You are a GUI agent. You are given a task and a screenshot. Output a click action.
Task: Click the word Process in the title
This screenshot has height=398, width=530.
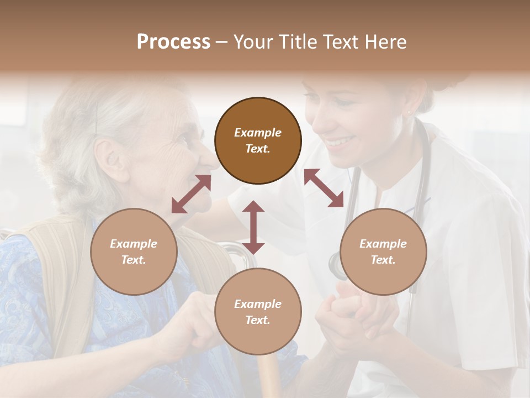point(173,42)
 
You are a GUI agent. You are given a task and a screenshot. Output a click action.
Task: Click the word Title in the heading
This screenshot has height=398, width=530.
point(297,42)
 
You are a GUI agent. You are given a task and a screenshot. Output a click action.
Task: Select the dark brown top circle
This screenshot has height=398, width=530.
point(258,140)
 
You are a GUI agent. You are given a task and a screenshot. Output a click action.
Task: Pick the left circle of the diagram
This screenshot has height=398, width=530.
point(134,252)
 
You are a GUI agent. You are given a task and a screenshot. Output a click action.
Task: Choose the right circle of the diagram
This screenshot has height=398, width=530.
point(383,252)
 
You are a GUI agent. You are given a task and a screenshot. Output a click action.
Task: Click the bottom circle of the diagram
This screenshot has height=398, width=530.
point(258,312)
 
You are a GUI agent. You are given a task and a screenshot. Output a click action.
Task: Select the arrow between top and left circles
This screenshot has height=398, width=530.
point(191,194)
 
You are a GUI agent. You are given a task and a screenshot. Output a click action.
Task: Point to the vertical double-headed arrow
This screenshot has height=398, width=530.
point(253,227)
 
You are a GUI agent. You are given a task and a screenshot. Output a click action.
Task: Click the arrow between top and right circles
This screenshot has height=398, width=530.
point(324,188)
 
